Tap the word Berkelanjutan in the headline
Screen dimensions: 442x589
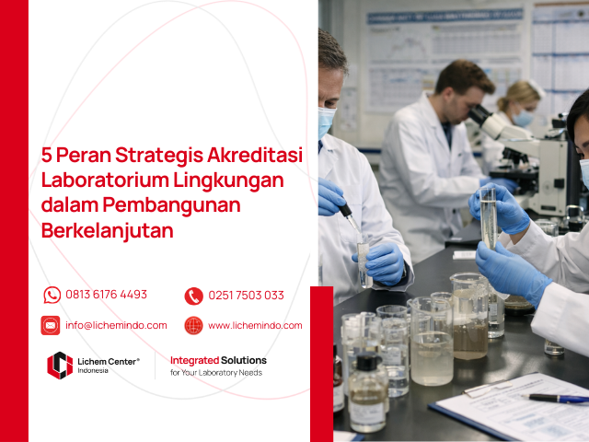coord(107,231)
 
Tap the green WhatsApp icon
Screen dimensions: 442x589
coord(52,296)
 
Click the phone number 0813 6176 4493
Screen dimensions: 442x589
coord(106,296)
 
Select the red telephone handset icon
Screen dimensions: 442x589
coord(193,296)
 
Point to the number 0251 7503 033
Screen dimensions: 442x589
coord(246,296)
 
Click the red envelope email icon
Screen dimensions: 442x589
coord(51,325)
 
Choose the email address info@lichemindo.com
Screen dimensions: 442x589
coord(116,325)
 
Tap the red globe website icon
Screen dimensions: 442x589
coord(193,325)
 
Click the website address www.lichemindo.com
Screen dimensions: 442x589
coord(255,325)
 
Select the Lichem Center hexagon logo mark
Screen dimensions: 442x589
coord(59,366)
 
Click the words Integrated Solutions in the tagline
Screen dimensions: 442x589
coord(218,360)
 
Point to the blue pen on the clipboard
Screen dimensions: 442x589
coord(557,398)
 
